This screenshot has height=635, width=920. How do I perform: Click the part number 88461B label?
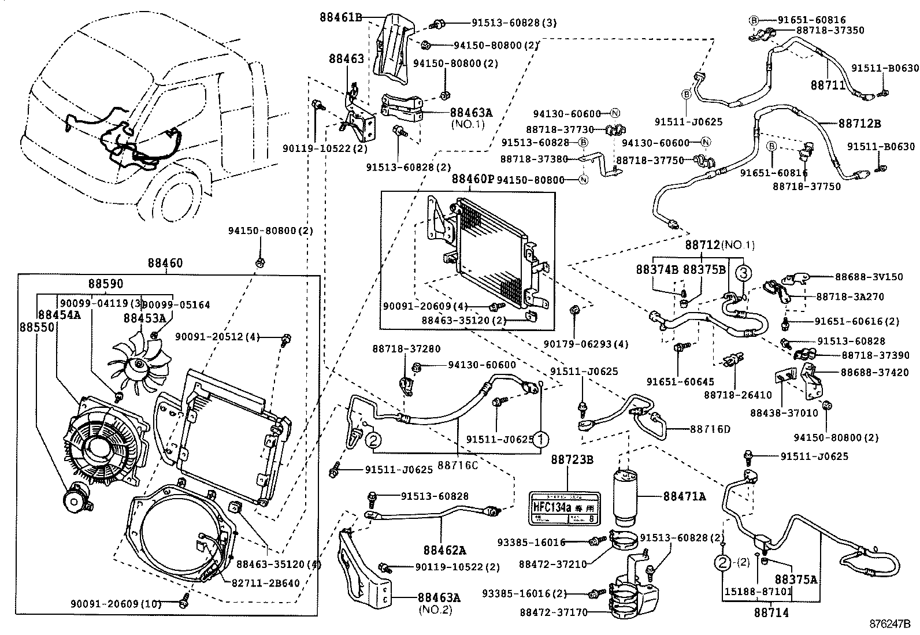click(341, 17)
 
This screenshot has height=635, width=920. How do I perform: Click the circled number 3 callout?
click(744, 272)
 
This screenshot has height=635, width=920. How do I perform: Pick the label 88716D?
click(710, 429)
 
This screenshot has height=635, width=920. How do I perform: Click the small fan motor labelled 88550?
click(77, 497)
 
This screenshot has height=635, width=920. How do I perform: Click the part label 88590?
click(106, 284)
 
